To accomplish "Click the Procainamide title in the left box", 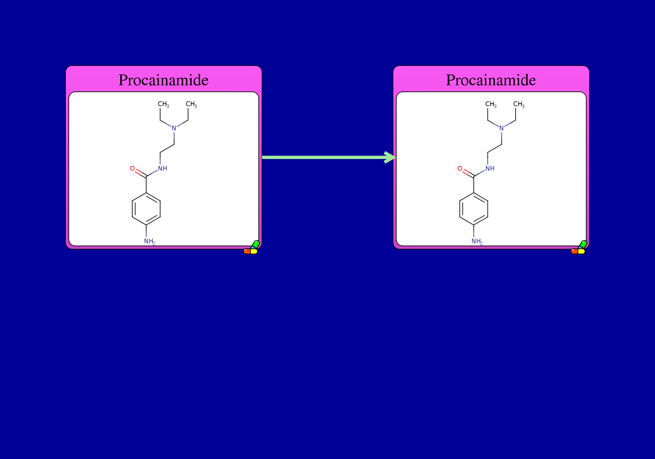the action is [163, 80].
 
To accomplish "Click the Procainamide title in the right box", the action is [491, 80].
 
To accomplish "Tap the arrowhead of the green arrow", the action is [390, 157].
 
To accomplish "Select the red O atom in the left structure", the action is [132, 169].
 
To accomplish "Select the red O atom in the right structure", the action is [460, 169].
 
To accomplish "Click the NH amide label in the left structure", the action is [162, 169].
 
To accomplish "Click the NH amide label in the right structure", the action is [490, 169].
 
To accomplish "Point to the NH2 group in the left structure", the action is [150, 242].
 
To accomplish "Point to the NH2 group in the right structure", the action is [477, 242].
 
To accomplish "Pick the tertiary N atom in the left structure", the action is [174, 128].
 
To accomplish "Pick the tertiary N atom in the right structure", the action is [501, 128].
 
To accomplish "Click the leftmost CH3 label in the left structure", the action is [163, 104].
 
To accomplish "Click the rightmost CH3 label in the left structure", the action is [191, 104].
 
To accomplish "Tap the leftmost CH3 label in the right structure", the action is [491, 104].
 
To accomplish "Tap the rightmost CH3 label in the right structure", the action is [519, 104].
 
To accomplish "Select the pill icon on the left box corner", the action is [252, 248].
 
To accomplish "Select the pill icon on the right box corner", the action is [579, 248].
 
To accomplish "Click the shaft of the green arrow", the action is [324, 157].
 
